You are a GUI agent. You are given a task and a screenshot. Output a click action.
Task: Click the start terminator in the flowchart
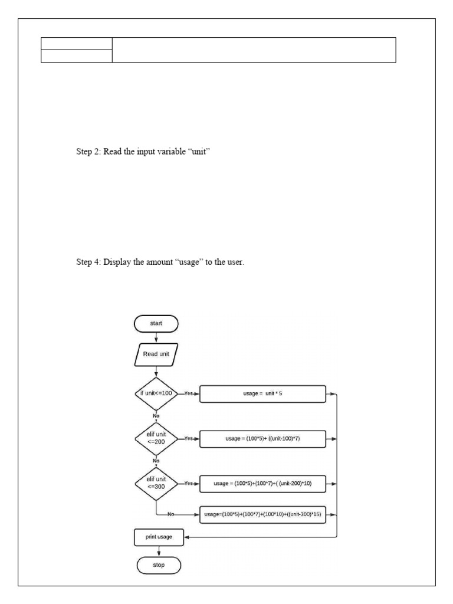(x=156, y=323)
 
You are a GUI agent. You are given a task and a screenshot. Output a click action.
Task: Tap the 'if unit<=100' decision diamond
(x=156, y=393)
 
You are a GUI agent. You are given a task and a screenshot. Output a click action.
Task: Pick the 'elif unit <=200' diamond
(x=156, y=438)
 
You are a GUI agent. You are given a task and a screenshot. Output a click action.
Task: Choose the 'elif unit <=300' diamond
(x=156, y=483)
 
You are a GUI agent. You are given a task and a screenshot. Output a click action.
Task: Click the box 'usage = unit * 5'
(x=263, y=393)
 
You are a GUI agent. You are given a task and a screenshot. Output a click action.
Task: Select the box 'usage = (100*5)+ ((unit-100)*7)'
(x=263, y=439)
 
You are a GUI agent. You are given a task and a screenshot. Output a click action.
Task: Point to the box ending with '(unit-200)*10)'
(x=263, y=484)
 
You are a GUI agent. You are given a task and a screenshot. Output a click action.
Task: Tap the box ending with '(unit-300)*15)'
(x=263, y=514)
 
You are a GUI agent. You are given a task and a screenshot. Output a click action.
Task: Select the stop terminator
(x=159, y=565)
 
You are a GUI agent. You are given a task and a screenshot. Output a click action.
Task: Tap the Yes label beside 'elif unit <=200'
(x=189, y=439)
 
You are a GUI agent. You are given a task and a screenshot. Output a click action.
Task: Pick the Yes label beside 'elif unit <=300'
(x=189, y=484)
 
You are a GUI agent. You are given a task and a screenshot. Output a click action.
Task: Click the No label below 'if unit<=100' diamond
(x=156, y=416)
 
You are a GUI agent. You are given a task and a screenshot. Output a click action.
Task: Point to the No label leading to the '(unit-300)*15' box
(x=171, y=514)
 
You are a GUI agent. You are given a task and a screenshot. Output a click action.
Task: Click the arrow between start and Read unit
(x=156, y=337)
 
